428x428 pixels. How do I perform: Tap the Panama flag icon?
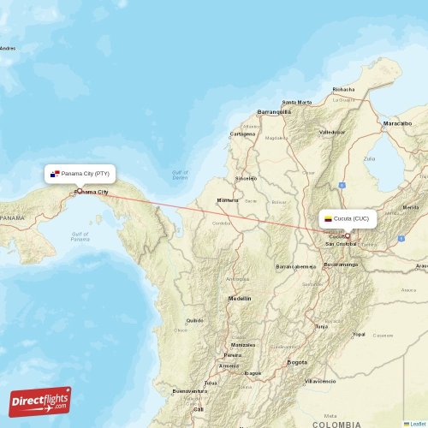pos(56,174)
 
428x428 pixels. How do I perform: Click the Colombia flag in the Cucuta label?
pos(327,219)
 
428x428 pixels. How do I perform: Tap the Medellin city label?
pos(239,299)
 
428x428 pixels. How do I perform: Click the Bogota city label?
pos(296,362)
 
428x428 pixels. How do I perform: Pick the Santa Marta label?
pos(297,102)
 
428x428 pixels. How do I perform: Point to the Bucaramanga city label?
pos(341,265)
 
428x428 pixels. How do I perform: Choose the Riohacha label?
pos(343,89)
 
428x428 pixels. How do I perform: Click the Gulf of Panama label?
pos(80,236)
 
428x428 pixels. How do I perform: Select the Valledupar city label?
pos(331,133)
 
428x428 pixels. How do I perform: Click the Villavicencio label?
pos(321,380)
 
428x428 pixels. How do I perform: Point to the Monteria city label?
pos(228,200)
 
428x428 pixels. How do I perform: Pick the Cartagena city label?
pos(242,134)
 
